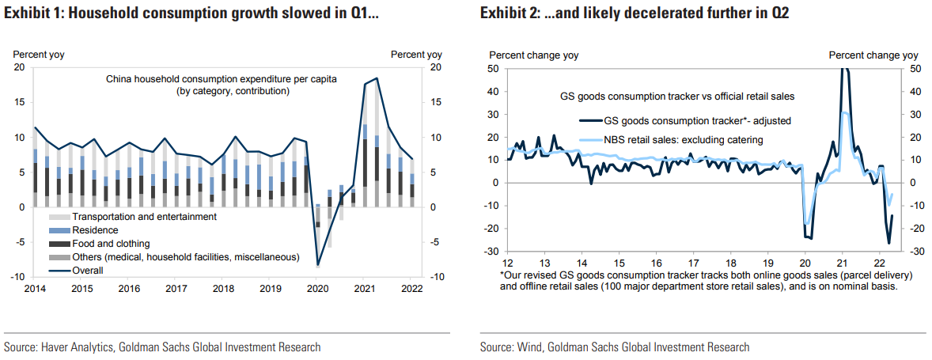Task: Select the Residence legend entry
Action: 95,230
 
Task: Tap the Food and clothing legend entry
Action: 111,244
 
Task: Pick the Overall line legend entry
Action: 88,270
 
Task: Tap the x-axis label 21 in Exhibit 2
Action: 842,263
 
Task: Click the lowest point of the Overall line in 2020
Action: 318,264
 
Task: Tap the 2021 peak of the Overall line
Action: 377,78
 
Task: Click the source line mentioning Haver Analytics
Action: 162,347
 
